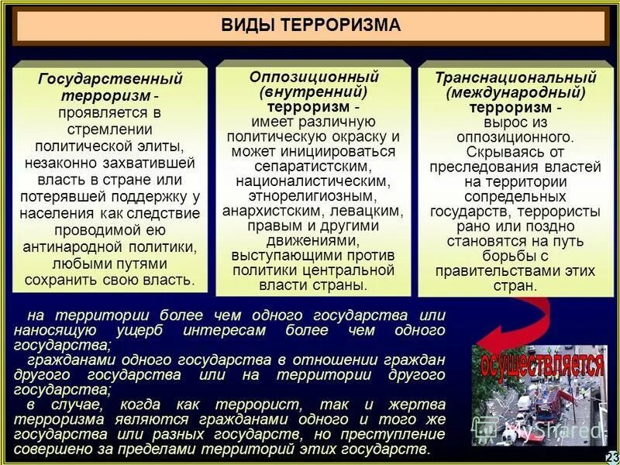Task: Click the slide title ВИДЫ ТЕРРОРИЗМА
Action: [x=312, y=25]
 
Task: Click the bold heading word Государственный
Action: [x=110, y=79]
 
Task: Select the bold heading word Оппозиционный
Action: [x=313, y=77]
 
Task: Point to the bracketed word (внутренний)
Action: [x=313, y=91]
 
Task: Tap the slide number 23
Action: [x=611, y=456]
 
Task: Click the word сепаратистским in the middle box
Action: [x=313, y=166]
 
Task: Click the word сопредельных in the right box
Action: [x=515, y=196]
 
